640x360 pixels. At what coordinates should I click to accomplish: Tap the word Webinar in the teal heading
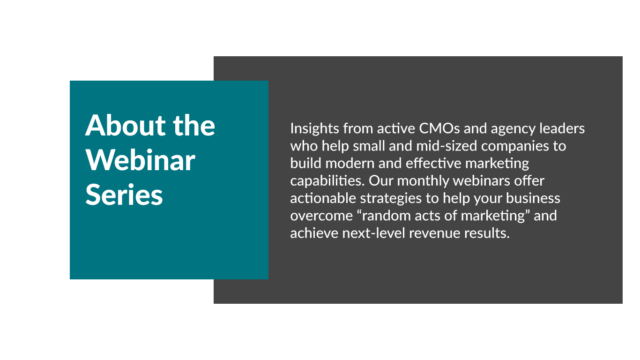pos(140,160)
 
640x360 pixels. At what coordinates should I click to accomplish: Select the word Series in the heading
pos(124,195)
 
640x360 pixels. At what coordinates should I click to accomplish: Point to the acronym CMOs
pos(439,128)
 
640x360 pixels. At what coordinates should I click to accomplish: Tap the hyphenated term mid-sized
pos(447,146)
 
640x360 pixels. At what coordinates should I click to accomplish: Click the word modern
pos(350,163)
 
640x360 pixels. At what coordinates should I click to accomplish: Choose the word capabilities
pos(327,181)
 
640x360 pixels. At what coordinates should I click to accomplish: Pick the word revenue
pos(434,233)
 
